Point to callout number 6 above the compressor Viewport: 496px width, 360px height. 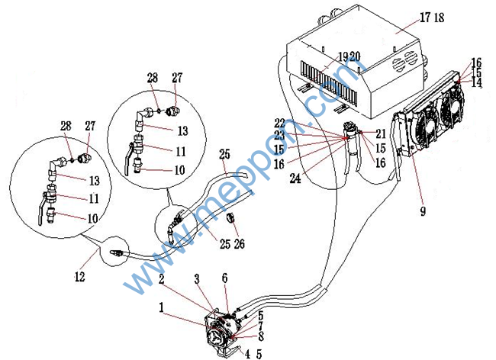[224, 278]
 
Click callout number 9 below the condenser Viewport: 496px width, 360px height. [422, 210]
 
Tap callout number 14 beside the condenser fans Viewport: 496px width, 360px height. [476, 83]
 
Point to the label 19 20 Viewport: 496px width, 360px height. [349, 56]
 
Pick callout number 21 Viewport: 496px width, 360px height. [381, 133]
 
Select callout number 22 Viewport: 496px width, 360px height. [279, 123]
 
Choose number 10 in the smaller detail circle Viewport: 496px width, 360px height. [179, 170]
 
